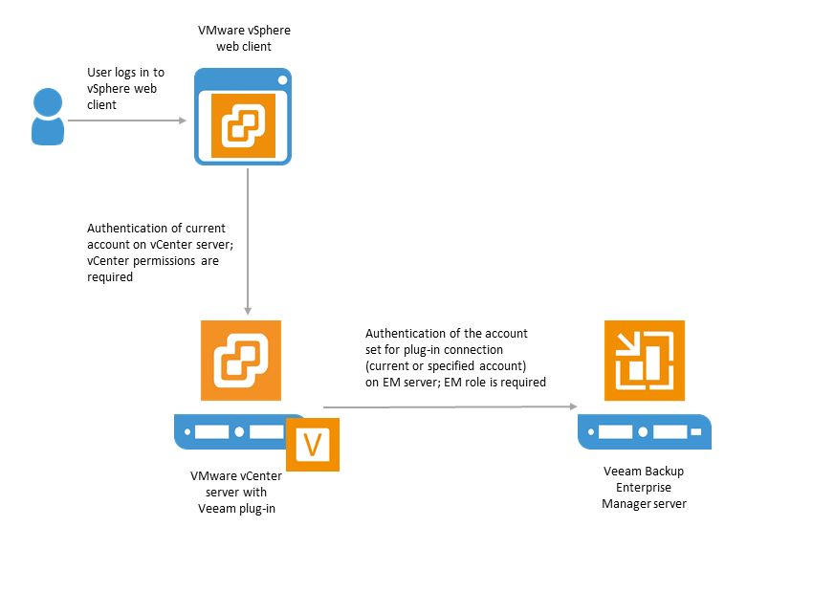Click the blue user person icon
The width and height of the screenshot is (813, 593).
click(48, 117)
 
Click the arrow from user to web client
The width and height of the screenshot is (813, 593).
click(127, 121)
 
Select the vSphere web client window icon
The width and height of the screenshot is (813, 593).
click(243, 117)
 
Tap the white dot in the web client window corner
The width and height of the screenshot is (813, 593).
click(282, 79)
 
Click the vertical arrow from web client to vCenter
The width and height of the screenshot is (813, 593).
click(248, 242)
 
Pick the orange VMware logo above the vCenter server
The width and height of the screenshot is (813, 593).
click(241, 361)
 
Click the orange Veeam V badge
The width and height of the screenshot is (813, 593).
click(313, 444)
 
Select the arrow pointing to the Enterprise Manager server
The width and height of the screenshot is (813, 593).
click(450, 406)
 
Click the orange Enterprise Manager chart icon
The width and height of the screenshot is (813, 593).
click(645, 361)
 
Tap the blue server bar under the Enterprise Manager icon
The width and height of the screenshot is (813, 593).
click(645, 431)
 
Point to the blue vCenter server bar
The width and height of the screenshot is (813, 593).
click(231, 431)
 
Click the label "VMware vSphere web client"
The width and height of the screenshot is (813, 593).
click(244, 38)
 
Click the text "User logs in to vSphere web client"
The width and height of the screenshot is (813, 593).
click(125, 89)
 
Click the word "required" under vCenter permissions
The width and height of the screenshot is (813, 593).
click(110, 277)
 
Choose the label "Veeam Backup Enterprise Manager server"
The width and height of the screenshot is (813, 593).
click(644, 487)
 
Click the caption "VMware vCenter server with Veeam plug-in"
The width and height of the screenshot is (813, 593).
click(236, 492)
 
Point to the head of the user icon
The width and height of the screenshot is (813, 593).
click(48, 102)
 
